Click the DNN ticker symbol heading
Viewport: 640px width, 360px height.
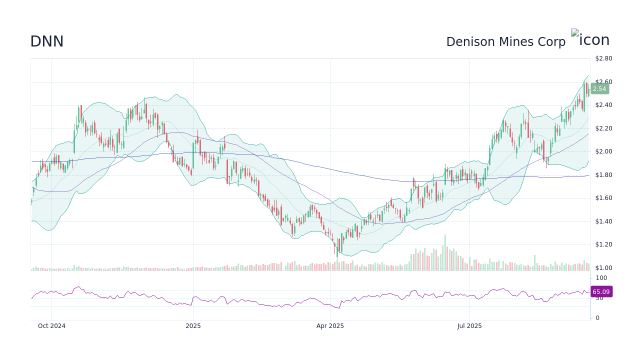tap(46, 41)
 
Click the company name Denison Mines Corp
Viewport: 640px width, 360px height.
tap(505, 42)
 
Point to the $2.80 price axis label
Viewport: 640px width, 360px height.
tap(603, 58)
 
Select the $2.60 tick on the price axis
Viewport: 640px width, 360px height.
tap(603, 82)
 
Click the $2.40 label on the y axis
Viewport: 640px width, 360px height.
tap(603, 105)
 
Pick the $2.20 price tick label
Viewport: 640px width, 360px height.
tap(603, 128)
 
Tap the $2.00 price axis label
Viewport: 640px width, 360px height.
tap(603, 151)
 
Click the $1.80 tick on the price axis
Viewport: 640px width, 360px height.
tap(603, 175)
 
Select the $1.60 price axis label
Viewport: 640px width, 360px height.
tap(603, 198)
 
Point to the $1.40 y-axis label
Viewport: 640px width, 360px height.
tap(603, 221)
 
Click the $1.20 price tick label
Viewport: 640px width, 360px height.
tap(603, 244)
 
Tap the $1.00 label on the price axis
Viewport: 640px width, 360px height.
tap(603, 268)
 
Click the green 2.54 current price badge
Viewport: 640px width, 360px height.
tap(599, 89)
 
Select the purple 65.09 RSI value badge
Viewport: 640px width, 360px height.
tap(601, 291)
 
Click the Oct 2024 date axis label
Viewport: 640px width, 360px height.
tap(51, 326)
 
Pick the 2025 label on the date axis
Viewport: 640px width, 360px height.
tap(193, 326)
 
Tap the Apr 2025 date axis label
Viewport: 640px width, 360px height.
tap(330, 326)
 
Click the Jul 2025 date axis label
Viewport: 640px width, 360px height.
tap(469, 326)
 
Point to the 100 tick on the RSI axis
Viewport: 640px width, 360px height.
tap(601, 278)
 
